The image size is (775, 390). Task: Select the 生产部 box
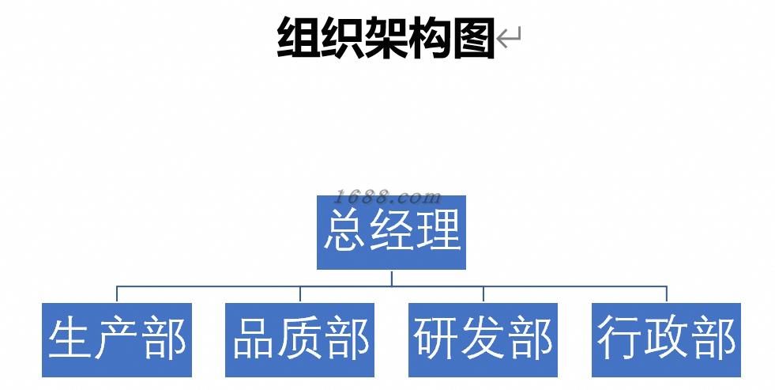117,339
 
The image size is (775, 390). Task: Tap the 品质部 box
300,339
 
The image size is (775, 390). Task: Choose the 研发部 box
483,339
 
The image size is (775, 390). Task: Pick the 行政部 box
666,339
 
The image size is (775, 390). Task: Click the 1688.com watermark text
387,197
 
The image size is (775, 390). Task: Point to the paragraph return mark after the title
510,36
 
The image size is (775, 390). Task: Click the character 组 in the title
299,37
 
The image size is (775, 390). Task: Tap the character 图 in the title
473,37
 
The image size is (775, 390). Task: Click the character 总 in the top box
345,230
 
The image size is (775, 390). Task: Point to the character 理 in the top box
437,230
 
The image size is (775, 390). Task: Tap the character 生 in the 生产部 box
70,338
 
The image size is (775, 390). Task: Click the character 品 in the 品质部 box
254,338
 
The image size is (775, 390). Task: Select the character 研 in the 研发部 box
436,338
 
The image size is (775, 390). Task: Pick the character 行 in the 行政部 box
619,338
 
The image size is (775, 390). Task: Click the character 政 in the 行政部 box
666,338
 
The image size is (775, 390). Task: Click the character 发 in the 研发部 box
483,338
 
